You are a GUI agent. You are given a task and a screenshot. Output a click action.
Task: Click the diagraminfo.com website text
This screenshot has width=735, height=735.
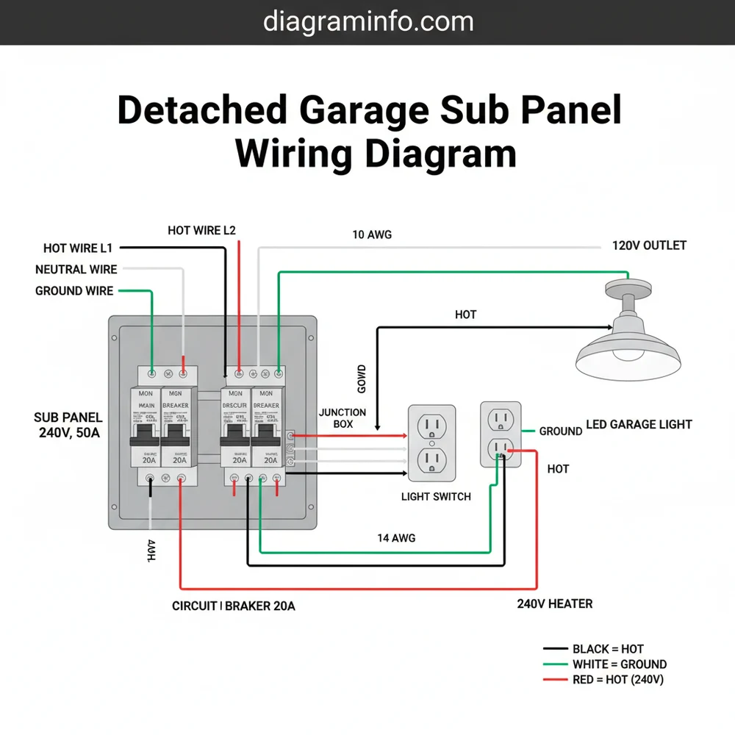click(x=367, y=22)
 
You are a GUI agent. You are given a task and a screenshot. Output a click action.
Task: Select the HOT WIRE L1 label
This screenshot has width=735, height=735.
click(x=78, y=248)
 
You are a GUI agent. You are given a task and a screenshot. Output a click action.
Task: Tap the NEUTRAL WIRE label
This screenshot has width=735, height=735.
click(x=76, y=270)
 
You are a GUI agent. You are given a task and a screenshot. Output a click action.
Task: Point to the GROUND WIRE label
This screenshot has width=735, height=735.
click(x=74, y=291)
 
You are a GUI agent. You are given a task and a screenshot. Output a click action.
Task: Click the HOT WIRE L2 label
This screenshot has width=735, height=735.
click(x=201, y=230)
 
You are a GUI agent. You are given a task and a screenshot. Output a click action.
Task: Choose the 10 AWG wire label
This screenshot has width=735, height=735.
click(x=372, y=234)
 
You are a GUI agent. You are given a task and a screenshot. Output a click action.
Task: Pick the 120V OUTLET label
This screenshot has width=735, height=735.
click(x=649, y=245)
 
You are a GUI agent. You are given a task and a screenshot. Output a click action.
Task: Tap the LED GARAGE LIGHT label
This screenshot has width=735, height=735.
click(x=639, y=424)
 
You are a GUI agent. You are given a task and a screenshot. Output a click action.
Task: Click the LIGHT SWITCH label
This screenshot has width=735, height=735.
click(x=436, y=497)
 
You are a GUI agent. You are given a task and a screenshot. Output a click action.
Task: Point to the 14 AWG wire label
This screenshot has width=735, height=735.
click(x=395, y=538)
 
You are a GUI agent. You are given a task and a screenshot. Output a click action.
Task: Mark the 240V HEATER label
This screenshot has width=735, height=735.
click(x=555, y=603)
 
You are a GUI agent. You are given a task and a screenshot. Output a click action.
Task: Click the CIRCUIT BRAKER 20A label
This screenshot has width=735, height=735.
click(x=233, y=606)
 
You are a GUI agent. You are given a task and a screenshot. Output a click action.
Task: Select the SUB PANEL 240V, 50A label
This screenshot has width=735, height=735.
click(x=68, y=425)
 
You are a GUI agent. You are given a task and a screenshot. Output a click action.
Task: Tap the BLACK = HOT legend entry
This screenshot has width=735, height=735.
click(x=607, y=649)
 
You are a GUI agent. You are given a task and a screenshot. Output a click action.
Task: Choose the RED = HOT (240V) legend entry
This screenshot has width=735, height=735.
click(x=617, y=680)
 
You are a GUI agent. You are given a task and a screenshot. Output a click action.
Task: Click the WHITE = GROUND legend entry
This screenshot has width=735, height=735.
click(x=619, y=664)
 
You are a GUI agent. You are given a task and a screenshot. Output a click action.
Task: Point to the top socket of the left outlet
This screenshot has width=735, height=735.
click(x=431, y=426)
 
